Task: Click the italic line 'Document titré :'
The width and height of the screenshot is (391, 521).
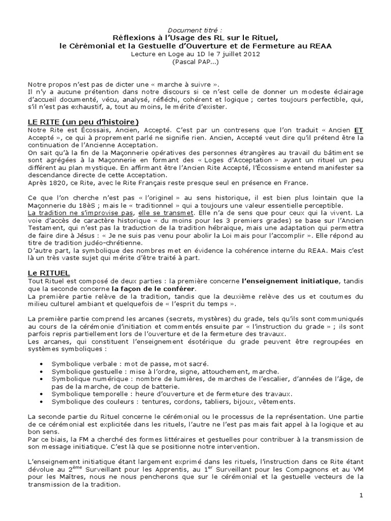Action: point(195,30)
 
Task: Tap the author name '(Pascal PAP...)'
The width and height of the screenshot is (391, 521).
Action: point(195,62)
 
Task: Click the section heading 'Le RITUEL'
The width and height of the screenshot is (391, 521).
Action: point(49,273)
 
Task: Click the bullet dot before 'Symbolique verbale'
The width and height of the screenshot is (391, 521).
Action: point(41,364)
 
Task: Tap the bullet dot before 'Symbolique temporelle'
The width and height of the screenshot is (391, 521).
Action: point(41,394)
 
